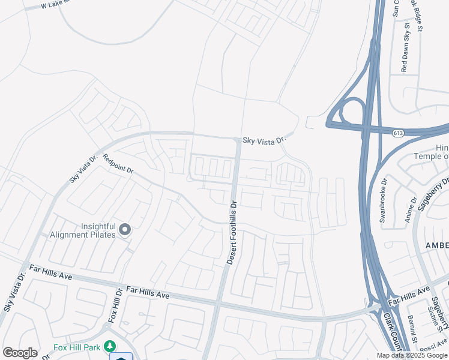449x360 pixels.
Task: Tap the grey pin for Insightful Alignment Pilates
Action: (x=125, y=229)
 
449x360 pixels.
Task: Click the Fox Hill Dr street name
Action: (x=115, y=307)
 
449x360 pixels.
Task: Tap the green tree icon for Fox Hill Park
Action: (x=109, y=346)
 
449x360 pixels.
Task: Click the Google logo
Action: (x=20, y=352)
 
